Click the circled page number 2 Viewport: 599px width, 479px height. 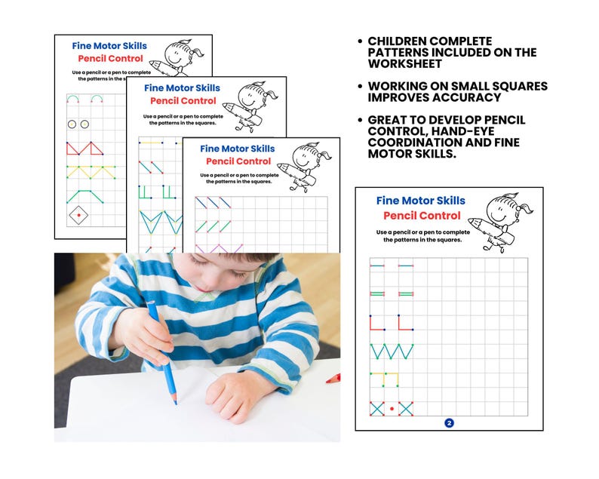click(449, 423)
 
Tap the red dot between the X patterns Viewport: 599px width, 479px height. click(392, 409)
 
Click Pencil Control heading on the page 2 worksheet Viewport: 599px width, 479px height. click(421, 216)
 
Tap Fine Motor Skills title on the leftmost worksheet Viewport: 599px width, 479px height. click(109, 45)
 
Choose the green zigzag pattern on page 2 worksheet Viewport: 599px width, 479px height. click(392, 352)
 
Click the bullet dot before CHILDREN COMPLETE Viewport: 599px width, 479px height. click(359, 41)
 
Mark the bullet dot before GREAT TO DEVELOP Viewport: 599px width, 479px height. click(359, 121)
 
